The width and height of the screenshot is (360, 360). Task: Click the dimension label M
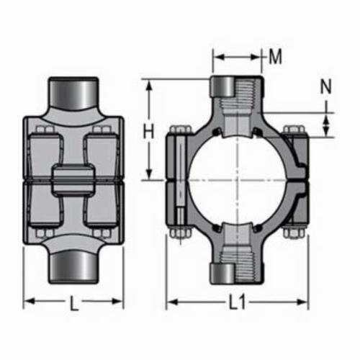[x=275, y=58]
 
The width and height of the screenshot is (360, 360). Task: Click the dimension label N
[x=326, y=86]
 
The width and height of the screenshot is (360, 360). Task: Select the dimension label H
[x=148, y=132]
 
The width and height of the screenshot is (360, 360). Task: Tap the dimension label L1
[x=237, y=302]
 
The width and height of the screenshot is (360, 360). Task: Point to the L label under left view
[x=74, y=303]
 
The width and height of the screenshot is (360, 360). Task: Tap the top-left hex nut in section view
[x=181, y=130]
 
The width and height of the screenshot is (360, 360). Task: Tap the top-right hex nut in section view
[x=294, y=130]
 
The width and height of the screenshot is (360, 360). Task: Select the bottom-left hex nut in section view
[x=181, y=233]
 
